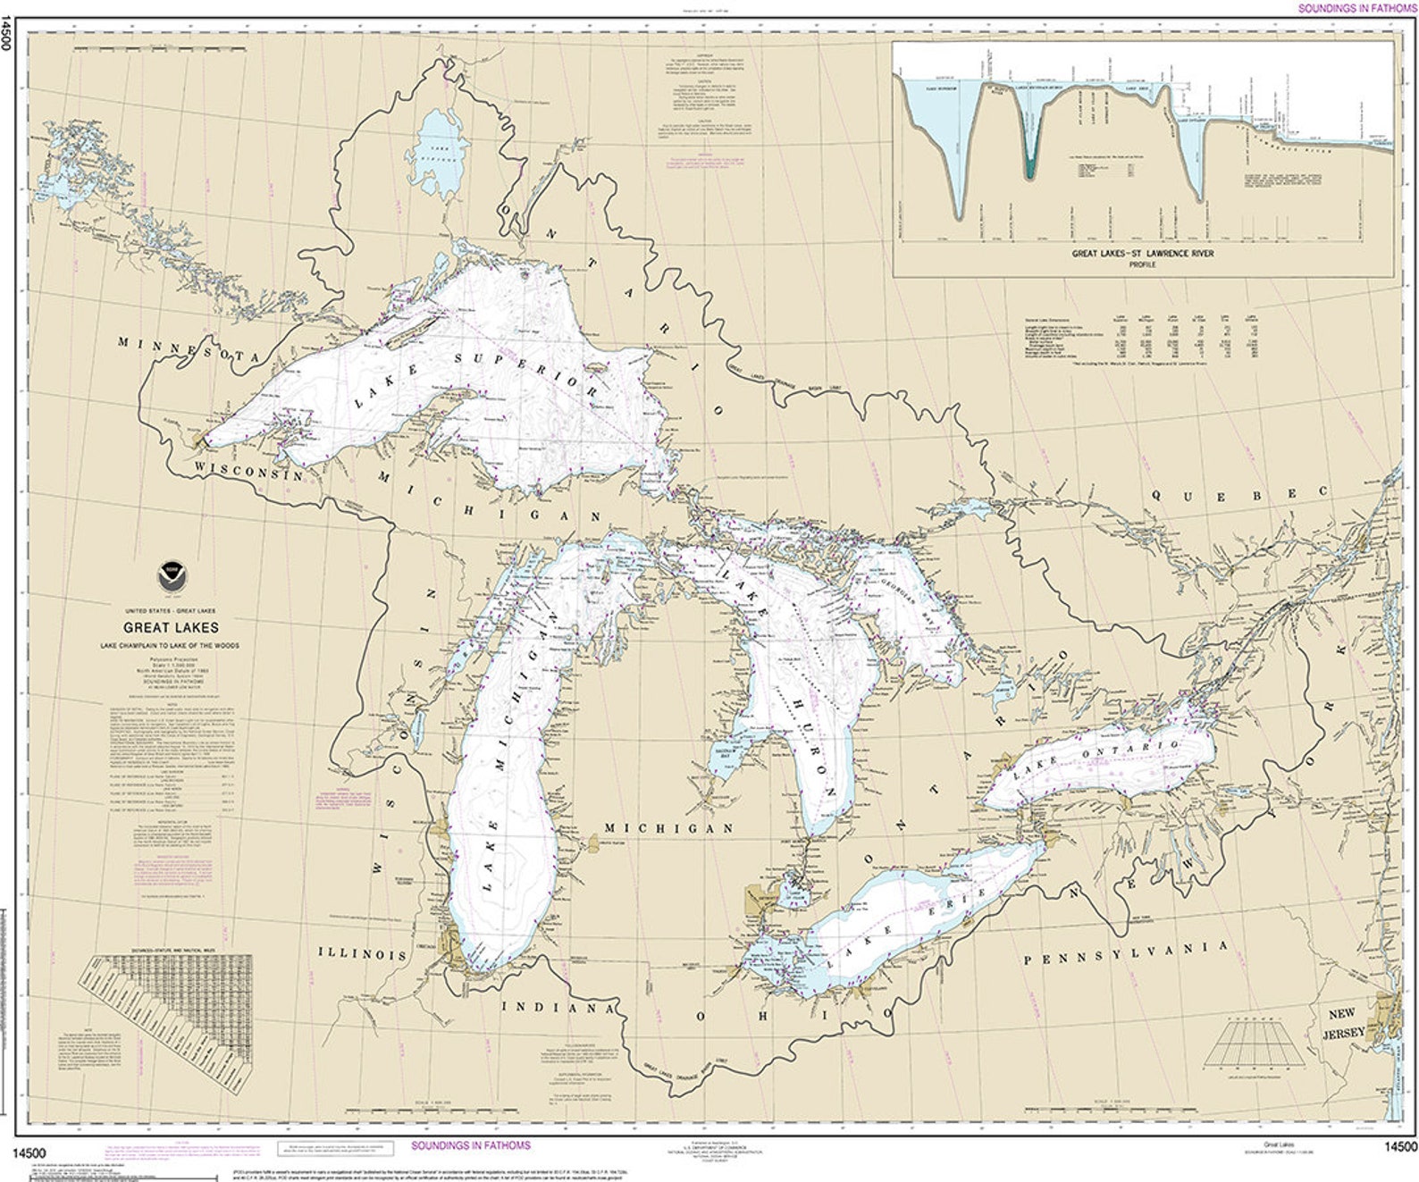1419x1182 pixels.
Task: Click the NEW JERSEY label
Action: pyautogui.click(x=1347, y=1024)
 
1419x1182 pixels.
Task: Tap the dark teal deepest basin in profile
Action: pyautogui.click(x=1032, y=161)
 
